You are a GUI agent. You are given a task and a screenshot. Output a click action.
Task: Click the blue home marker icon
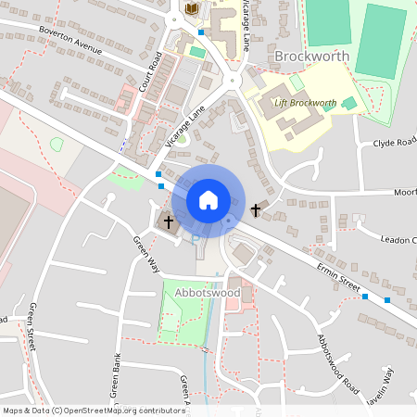point(208,200)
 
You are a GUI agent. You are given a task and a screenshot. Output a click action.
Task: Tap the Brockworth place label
point(311,57)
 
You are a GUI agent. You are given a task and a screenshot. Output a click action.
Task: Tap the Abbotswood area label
point(207,293)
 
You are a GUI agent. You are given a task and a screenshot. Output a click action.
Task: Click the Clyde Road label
point(394,143)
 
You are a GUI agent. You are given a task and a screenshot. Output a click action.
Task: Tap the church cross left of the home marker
point(168,221)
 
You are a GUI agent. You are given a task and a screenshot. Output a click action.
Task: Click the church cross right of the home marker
point(256,210)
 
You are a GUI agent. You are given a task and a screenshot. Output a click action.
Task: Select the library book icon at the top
point(192,9)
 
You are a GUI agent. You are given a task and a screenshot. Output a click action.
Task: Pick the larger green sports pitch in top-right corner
point(381,42)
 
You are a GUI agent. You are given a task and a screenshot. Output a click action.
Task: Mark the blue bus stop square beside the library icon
point(201,32)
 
